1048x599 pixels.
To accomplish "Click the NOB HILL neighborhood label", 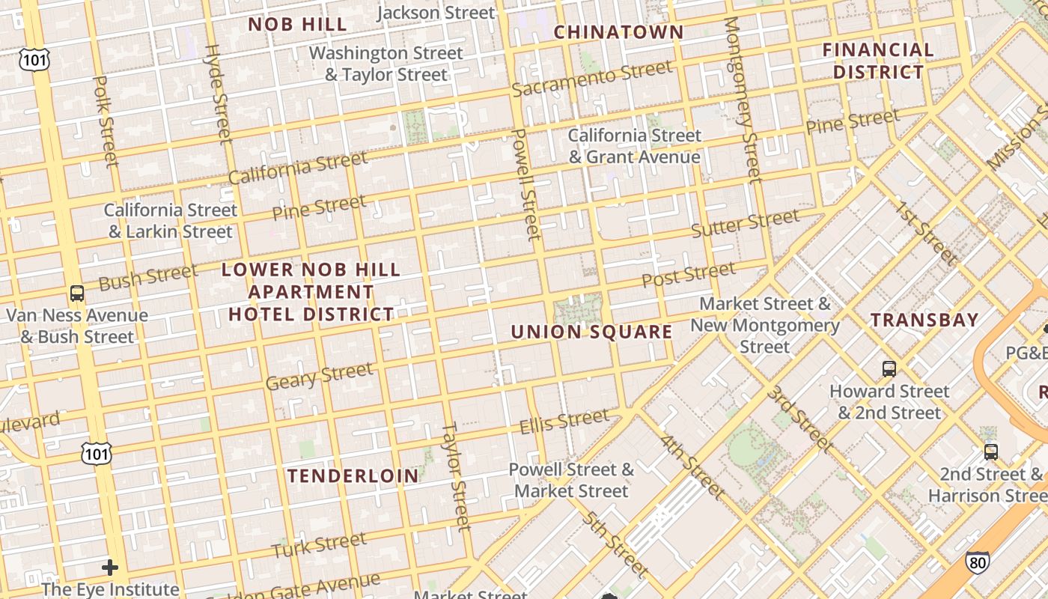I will pyautogui.click(x=297, y=25).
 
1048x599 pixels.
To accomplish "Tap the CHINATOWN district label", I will pyautogui.click(x=618, y=32).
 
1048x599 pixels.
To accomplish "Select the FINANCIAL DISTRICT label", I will pyautogui.click(x=878, y=61).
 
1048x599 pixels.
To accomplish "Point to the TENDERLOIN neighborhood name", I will pyautogui.click(x=353, y=475).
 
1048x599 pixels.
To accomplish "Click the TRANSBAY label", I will pyautogui.click(x=924, y=320).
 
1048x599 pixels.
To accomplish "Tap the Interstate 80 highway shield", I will pyautogui.click(x=976, y=562).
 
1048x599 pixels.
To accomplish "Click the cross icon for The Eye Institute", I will pyautogui.click(x=110, y=568).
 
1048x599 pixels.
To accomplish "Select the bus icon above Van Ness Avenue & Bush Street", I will pyautogui.click(x=76, y=293).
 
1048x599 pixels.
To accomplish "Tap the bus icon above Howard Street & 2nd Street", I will pyautogui.click(x=889, y=368).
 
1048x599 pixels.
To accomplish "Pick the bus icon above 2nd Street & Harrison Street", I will pyautogui.click(x=990, y=451).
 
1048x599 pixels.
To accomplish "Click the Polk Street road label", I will pyautogui.click(x=106, y=120).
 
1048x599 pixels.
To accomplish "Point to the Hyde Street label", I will pyautogui.click(x=218, y=93).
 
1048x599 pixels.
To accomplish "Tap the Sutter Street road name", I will pyautogui.click(x=745, y=223).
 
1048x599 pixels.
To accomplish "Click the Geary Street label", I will pyautogui.click(x=319, y=377).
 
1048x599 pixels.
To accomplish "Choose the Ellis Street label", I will pyautogui.click(x=564, y=421).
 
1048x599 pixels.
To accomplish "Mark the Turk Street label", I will pyautogui.click(x=319, y=545).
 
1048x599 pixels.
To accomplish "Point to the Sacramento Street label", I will pyautogui.click(x=592, y=79).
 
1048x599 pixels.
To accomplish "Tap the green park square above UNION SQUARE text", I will pyautogui.click(x=578, y=308).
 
